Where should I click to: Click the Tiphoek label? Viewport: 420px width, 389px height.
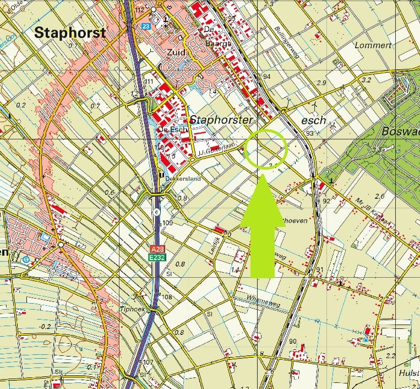pos(132,309)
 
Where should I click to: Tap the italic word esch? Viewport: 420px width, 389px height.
pos(314,120)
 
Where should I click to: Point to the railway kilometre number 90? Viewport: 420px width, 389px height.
pos(292,341)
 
